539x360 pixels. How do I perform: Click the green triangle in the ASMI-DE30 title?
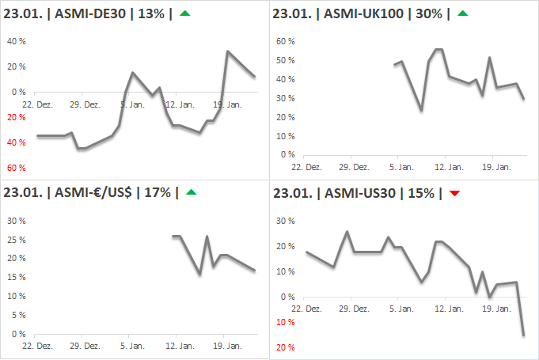[x=184, y=13]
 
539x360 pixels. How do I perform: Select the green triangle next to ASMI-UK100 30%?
[x=463, y=13]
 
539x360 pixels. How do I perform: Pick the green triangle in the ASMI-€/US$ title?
[x=191, y=192]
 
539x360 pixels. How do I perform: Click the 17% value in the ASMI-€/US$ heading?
[x=160, y=192]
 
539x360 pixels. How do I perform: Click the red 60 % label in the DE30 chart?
[x=17, y=168]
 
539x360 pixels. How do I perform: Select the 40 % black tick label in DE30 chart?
[x=17, y=41]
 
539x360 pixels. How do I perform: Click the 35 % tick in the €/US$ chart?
[x=17, y=220]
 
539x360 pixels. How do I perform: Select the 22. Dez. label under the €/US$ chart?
[x=38, y=346]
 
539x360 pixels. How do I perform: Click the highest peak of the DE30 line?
[x=228, y=51]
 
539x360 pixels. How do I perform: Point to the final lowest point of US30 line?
[x=523, y=335]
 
